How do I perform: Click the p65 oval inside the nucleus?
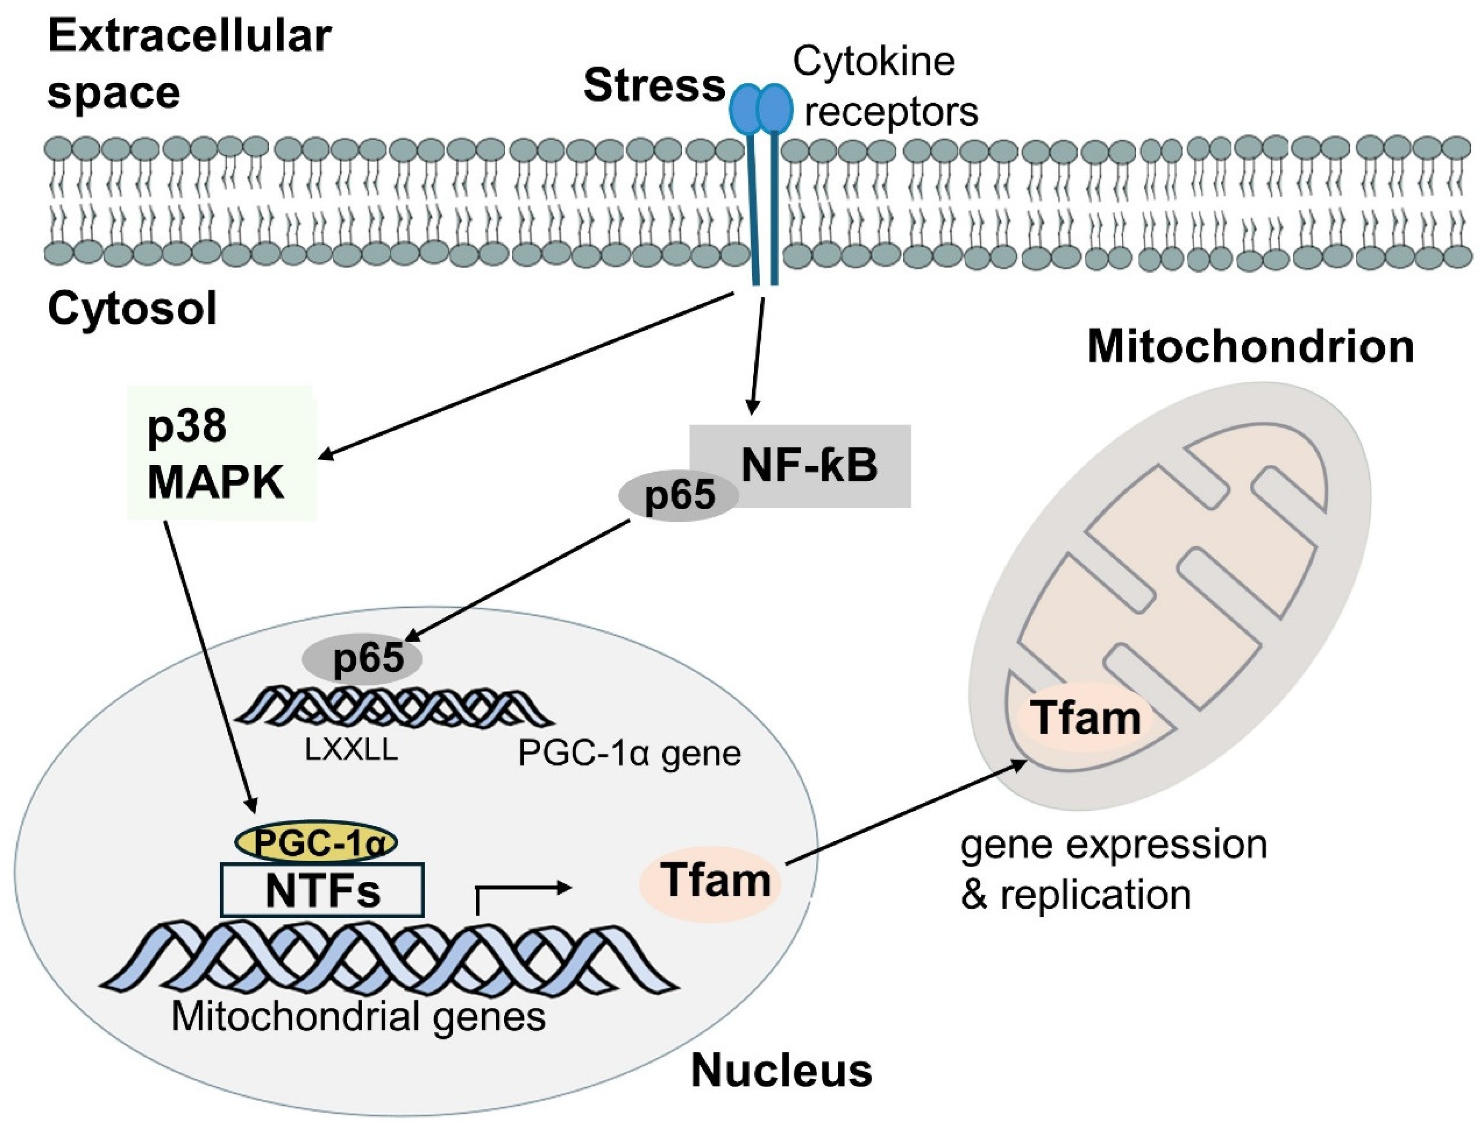click(362, 657)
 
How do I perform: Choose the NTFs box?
click(323, 890)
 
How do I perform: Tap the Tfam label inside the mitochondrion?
click(1084, 718)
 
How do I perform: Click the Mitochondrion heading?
click(1250, 347)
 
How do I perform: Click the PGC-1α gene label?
click(629, 752)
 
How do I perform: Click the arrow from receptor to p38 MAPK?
click(527, 375)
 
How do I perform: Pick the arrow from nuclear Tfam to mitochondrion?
click(906, 812)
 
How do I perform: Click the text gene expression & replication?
click(1113, 870)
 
